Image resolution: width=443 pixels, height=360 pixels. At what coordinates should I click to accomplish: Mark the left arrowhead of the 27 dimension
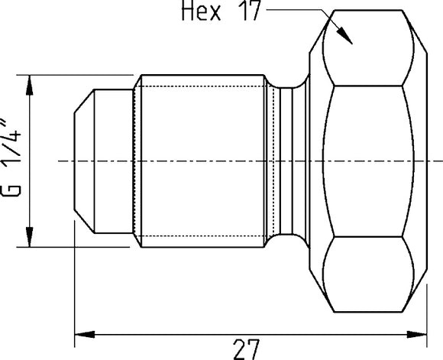point(81,334)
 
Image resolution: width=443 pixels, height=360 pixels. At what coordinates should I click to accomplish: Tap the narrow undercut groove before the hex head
point(286,161)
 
